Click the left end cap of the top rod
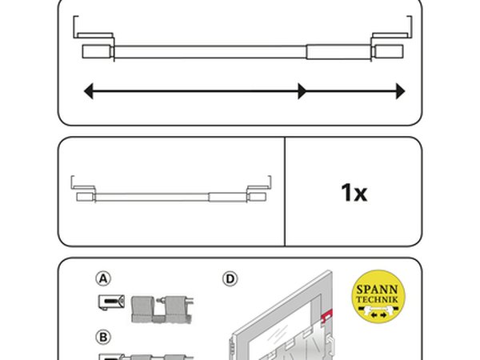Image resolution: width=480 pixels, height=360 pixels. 97,51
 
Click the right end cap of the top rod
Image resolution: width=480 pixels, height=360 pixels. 389,51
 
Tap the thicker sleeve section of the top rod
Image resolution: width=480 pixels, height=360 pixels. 338,52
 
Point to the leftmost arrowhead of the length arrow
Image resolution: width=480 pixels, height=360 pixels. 89,91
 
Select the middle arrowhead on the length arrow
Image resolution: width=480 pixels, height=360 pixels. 302,91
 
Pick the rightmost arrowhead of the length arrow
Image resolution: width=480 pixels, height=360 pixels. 401,91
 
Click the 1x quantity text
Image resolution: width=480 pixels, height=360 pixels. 354,193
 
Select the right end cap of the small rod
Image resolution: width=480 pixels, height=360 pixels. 257,197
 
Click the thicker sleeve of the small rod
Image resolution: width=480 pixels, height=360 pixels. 227,197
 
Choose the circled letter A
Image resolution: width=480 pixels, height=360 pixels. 103,279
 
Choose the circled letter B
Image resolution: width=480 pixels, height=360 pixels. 103,338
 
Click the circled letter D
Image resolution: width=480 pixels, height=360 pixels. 230,279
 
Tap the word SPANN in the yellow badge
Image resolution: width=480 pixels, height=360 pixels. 377,290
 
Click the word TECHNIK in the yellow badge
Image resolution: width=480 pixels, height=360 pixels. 377,299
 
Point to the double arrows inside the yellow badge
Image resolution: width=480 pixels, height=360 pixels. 378,314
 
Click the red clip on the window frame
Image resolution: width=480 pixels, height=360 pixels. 326,315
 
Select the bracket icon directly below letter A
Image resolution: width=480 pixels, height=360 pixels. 111,302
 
